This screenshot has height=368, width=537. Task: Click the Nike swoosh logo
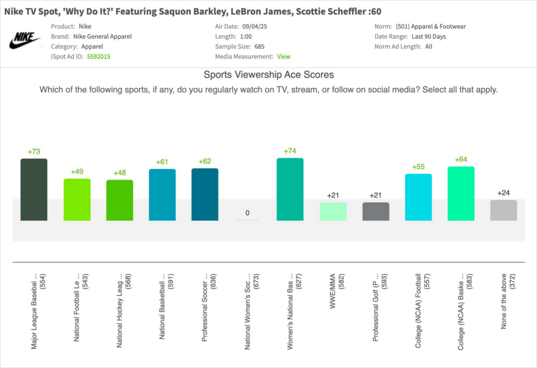(25, 40)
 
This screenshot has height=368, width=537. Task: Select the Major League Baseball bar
(34, 189)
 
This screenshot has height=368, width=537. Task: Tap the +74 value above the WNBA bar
(290, 151)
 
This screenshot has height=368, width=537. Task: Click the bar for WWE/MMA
(333, 211)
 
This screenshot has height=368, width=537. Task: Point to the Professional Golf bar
(375, 211)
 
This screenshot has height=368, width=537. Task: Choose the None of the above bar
(503, 210)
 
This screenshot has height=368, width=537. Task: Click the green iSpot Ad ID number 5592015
(99, 57)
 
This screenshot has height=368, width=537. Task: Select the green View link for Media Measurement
(284, 57)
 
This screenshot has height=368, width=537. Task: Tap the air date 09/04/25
(254, 26)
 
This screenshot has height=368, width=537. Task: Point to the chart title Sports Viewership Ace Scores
(268, 75)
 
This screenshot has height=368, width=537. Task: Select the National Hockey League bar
(120, 200)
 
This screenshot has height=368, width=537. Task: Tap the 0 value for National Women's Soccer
(248, 213)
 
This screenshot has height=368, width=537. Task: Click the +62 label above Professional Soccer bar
(205, 161)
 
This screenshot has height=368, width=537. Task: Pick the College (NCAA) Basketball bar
(461, 193)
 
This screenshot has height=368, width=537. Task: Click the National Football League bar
(77, 200)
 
